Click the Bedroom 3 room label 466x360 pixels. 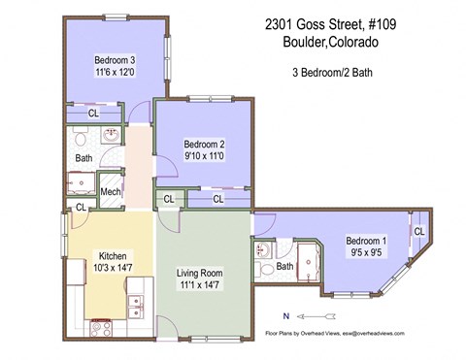115,59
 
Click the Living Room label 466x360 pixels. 201,274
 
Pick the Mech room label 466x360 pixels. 110,191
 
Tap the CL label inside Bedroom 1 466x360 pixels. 418,231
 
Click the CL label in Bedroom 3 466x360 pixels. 93,114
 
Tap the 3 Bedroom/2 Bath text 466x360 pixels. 333,73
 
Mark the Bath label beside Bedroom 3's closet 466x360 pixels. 83,157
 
